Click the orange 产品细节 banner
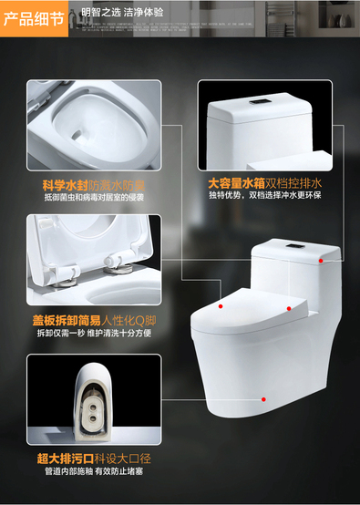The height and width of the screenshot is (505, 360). point(34,18)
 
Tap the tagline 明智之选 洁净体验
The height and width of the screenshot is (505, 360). point(122,12)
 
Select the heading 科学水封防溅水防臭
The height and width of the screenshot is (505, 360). point(94,185)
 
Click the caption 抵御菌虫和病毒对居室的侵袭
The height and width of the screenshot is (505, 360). point(94,197)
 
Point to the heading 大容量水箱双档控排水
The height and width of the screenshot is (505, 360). point(264,183)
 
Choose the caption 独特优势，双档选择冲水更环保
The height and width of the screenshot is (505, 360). point(264,195)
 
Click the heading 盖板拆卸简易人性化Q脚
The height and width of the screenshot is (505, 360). point(94,321)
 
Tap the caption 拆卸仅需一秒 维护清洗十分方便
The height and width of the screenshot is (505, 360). point(94,333)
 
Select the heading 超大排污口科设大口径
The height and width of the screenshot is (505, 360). point(94,459)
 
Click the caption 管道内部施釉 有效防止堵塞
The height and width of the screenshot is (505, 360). point(94,471)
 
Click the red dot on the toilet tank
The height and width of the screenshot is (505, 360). point(321,261)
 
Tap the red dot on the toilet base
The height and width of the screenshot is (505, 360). point(263,399)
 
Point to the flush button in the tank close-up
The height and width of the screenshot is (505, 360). point(258,101)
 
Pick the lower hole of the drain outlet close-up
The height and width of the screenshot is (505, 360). point(93,418)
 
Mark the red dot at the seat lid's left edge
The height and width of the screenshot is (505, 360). point(221,306)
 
